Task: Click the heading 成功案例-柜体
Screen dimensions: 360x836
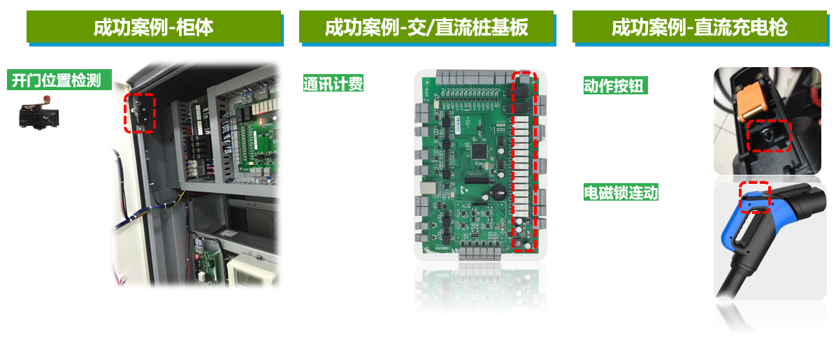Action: [154, 28]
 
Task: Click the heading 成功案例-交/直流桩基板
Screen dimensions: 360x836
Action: [426, 28]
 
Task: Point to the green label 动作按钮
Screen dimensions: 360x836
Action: [613, 86]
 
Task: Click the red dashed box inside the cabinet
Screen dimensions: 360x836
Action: [139, 113]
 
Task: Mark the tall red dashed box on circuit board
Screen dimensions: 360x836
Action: [524, 160]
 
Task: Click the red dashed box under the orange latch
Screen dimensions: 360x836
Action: [768, 136]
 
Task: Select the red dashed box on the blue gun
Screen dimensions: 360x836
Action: [755, 196]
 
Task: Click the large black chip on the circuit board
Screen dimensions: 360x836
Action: [480, 150]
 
